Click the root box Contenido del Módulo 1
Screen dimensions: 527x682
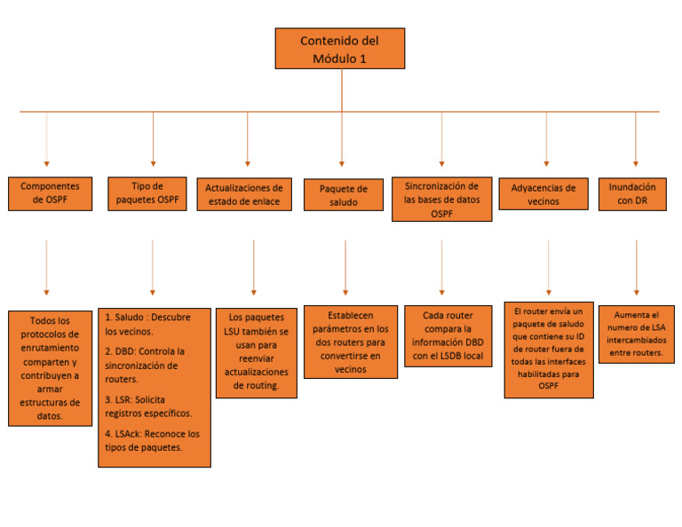tap(339, 49)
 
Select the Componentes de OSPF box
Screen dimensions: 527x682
tap(50, 193)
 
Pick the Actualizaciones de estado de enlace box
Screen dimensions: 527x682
tap(244, 194)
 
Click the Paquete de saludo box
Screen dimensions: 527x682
tap(343, 195)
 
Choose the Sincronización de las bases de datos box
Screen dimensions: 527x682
tap(441, 199)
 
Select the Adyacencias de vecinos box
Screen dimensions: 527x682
tap(543, 194)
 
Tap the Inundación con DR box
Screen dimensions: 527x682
tap(632, 193)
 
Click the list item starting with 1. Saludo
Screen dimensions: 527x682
tap(152, 324)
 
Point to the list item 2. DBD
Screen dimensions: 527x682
tap(152, 365)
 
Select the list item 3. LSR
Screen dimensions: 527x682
tap(152, 406)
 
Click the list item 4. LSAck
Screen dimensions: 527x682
tap(152, 441)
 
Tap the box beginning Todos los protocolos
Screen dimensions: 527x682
tap(50, 368)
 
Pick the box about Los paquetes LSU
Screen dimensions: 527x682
tap(258, 351)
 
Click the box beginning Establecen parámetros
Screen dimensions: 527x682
tap(350, 342)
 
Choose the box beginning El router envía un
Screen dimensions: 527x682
tap(548, 350)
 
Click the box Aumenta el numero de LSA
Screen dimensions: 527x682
tap(636, 334)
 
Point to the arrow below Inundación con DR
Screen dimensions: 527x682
tap(636, 267)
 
